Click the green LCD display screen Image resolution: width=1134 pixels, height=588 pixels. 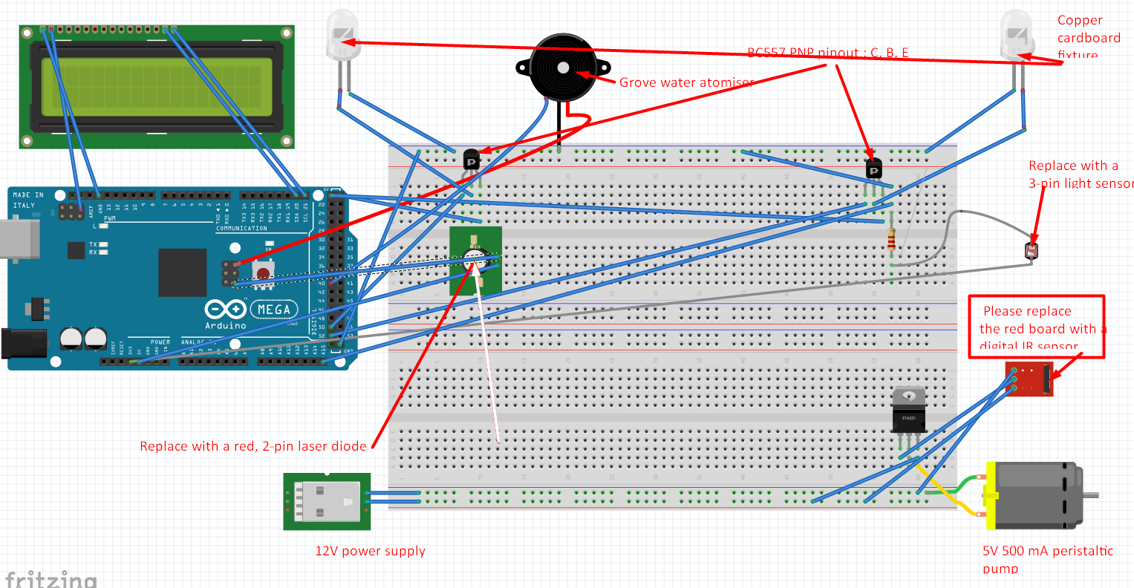coord(157,86)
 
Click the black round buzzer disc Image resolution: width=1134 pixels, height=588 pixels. coord(561,68)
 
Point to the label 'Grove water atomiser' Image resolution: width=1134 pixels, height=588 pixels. coord(686,82)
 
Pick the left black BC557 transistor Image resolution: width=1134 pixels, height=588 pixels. coord(471,160)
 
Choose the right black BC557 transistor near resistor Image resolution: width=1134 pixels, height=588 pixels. coord(874,169)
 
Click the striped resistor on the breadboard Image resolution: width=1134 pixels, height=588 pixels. coord(891,240)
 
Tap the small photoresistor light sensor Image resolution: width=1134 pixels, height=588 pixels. coord(1032,251)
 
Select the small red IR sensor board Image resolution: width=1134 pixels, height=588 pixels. coord(1029,379)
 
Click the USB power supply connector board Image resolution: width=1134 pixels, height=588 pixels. coord(327,501)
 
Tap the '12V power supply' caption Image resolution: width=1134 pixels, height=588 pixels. coord(370,551)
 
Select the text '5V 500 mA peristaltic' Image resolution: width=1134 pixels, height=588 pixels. coord(1047,551)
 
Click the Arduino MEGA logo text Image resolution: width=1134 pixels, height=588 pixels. coord(274,309)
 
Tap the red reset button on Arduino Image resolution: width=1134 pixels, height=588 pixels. coord(264,272)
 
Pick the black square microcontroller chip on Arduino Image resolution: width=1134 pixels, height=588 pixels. coord(182,272)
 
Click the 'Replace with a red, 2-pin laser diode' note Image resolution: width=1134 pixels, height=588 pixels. coord(253,446)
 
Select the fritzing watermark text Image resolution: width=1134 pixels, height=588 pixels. coord(50,578)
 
